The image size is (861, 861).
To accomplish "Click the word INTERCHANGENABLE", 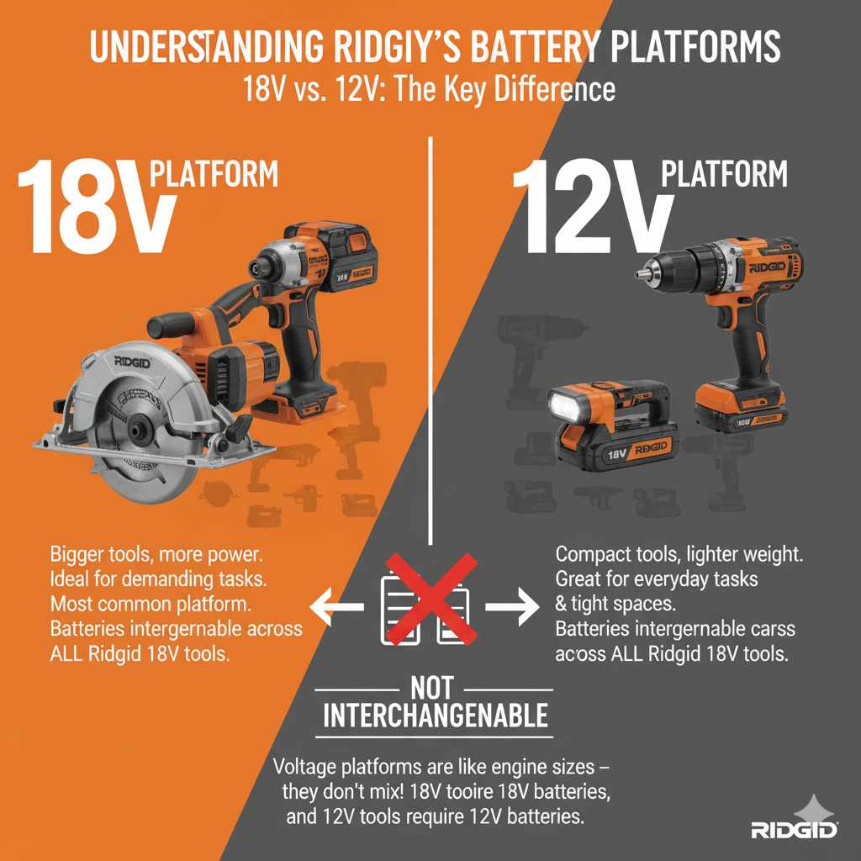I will [436, 716].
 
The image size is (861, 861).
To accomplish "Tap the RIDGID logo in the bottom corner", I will [795, 830].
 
